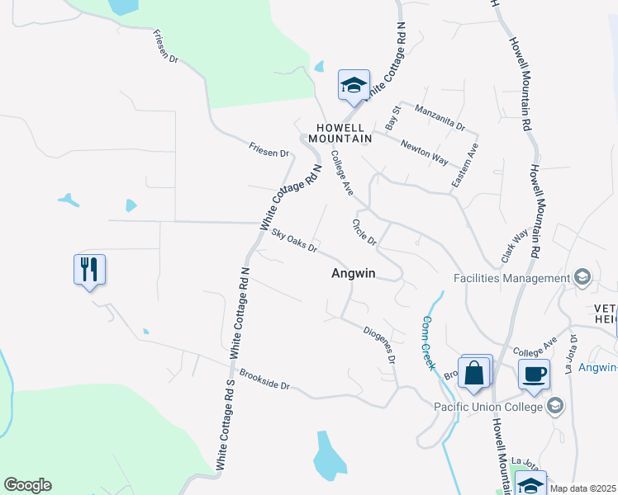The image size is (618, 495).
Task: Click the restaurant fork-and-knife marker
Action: click(x=90, y=269)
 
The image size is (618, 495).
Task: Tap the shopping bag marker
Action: click(x=475, y=372)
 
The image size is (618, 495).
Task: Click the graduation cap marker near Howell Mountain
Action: click(x=354, y=85)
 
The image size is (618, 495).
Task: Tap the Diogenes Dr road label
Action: click(x=380, y=346)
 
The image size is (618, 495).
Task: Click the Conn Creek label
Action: click(x=428, y=343)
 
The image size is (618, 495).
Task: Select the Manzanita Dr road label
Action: click(x=440, y=119)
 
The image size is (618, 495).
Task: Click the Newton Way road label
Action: click(x=424, y=153)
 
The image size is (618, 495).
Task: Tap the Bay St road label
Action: click(x=393, y=115)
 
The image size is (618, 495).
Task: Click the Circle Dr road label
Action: click(x=364, y=232)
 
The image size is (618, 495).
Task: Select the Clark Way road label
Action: click(x=515, y=246)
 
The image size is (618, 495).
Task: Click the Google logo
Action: click(x=27, y=485)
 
